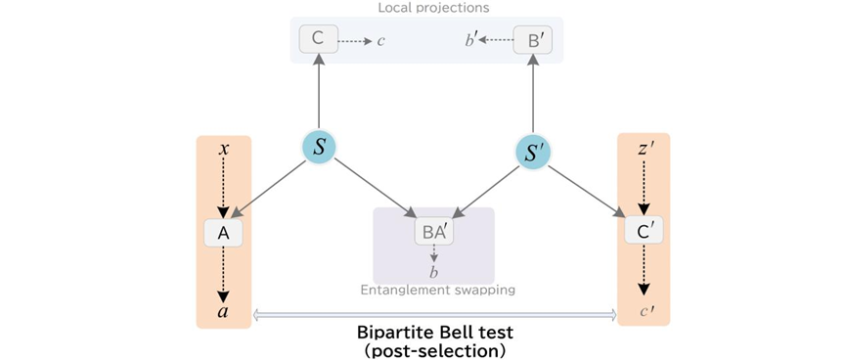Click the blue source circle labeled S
319,148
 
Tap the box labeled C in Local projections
319,39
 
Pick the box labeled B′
533,39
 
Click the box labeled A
223,233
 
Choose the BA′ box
434,232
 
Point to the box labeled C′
644,231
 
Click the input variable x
223,149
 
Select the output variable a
223,312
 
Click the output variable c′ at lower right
645,310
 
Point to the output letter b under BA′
434,272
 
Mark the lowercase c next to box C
380,41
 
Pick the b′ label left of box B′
471,40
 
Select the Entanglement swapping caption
437,291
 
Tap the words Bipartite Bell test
435,331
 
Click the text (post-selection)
435,350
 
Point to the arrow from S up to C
319,92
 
